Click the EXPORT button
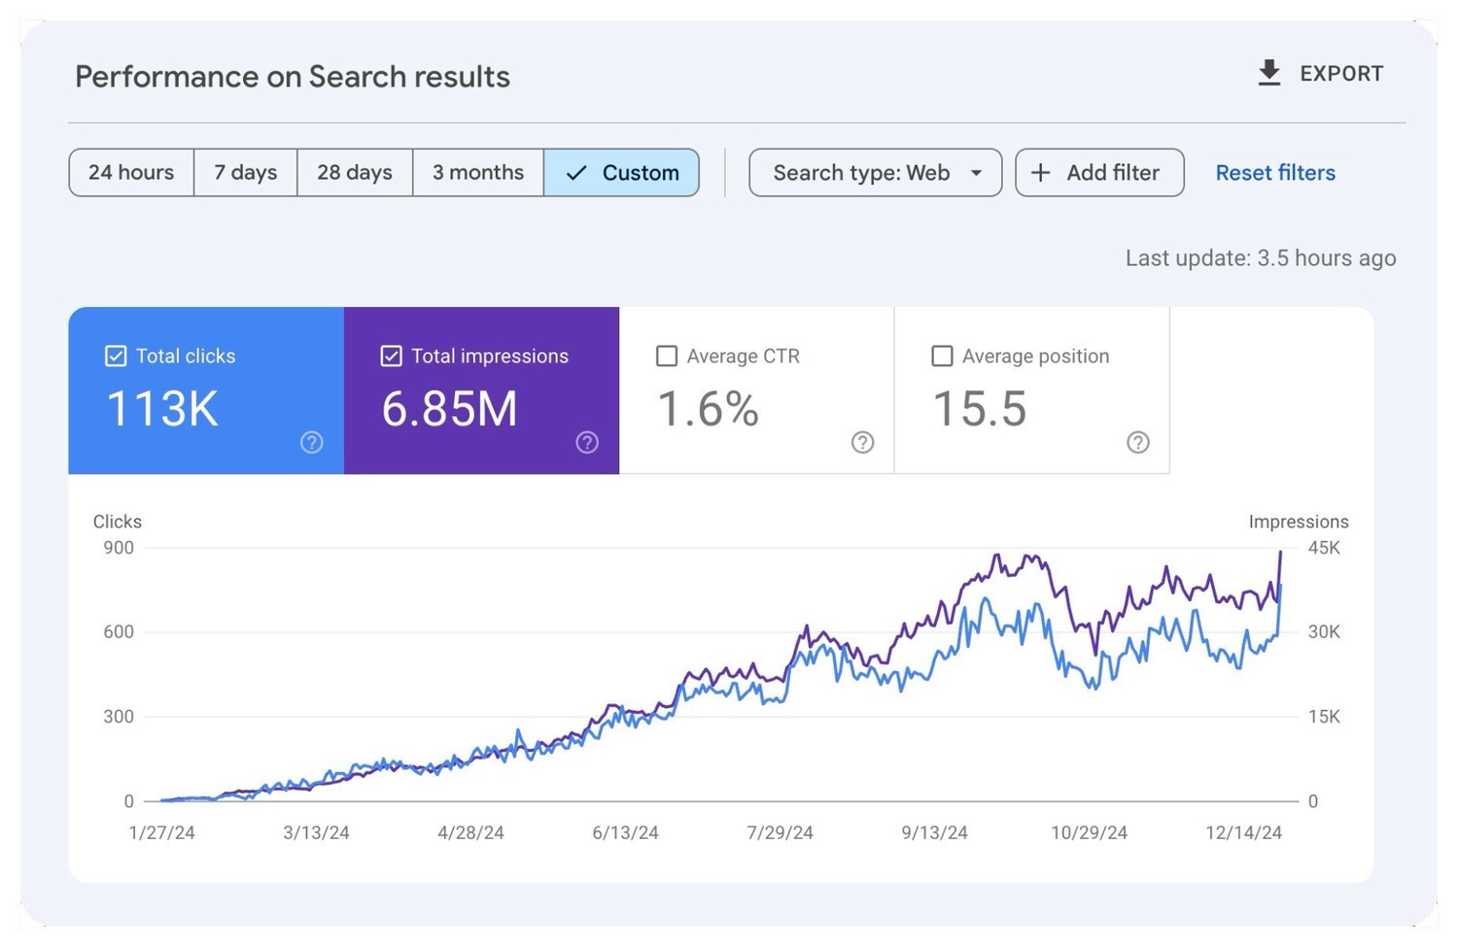pyautogui.click(x=1320, y=74)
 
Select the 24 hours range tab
pyautogui.click(x=131, y=172)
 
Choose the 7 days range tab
pyautogui.click(x=245, y=172)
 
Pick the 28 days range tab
pyautogui.click(x=355, y=172)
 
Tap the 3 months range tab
pyautogui.click(x=478, y=172)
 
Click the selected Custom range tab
pyautogui.click(x=622, y=172)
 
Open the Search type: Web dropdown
pyautogui.click(x=876, y=172)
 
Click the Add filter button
pyautogui.click(x=1099, y=172)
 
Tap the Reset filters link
pyautogui.click(x=1275, y=172)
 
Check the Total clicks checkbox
pyautogui.click(x=116, y=355)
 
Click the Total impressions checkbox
pyautogui.click(x=391, y=355)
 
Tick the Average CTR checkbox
pyautogui.click(x=667, y=355)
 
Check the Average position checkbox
pyautogui.click(x=942, y=355)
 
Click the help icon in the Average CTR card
pyautogui.click(x=862, y=442)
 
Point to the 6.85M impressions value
pyautogui.click(x=449, y=409)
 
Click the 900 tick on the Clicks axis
pyautogui.click(x=119, y=548)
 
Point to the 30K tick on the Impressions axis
pyautogui.click(x=1324, y=631)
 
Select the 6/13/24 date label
pyautogui.click(x=625, y=832)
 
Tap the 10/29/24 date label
pyautogui.click(x=1089, y=832)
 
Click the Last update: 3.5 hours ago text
pyautogui.click(x=1261, y=258)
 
